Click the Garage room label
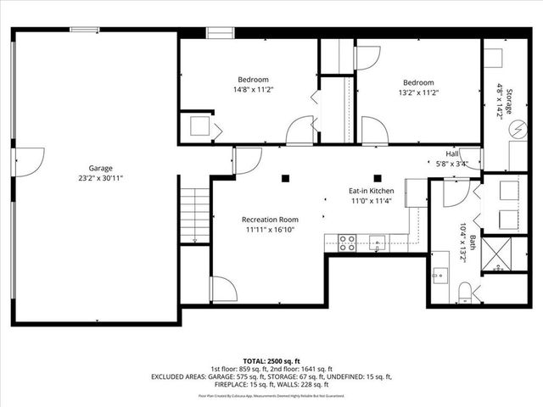pyautogui.click(x=101, y=168)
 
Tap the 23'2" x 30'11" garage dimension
pyautogui.click(x=101, y=178)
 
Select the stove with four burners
pyautogui.click(x=347, y=243)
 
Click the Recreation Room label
pyautogui.click(x=270, y=219)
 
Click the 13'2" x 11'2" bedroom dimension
pyautogui.click(x=418, y=93)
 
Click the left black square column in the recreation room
pyautogui.click(x=285, y=177)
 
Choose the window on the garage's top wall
pyautogui.click(x=85, y=30)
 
